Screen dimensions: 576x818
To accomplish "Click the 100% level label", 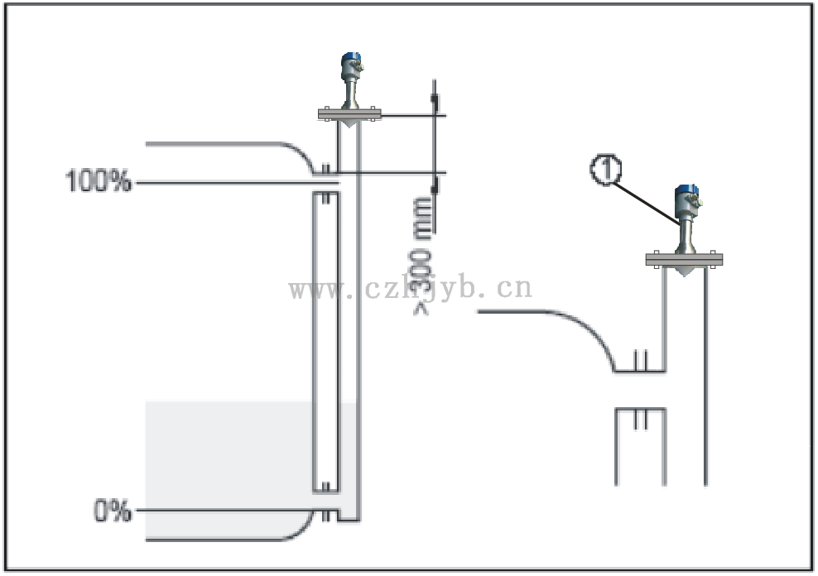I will [x=99, y=181].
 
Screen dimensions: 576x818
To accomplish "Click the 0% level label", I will [x=112, y=511].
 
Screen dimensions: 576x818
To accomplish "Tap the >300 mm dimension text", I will [x=422, y=257].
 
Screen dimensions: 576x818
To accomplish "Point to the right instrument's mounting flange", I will [x=684, y=259].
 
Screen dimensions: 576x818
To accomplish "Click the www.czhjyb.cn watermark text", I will [x=410, y=289].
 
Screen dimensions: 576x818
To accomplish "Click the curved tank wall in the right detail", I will [x=580, y=331].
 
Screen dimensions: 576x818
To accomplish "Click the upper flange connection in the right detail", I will [x=638, y=362].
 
